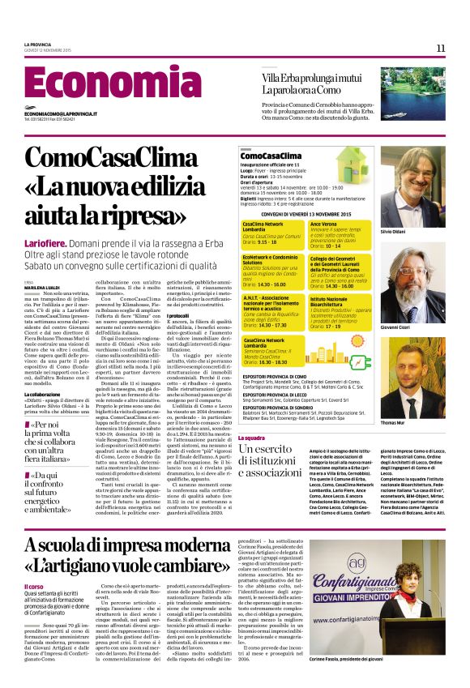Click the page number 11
pyautogui.click(x=441, y=49)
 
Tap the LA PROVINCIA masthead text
pyautogui.click(x=37, y=44)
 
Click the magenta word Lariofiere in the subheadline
pyautogui.click(x=46, y=243)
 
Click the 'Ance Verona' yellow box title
pyautogui.click(x=323, y=223)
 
